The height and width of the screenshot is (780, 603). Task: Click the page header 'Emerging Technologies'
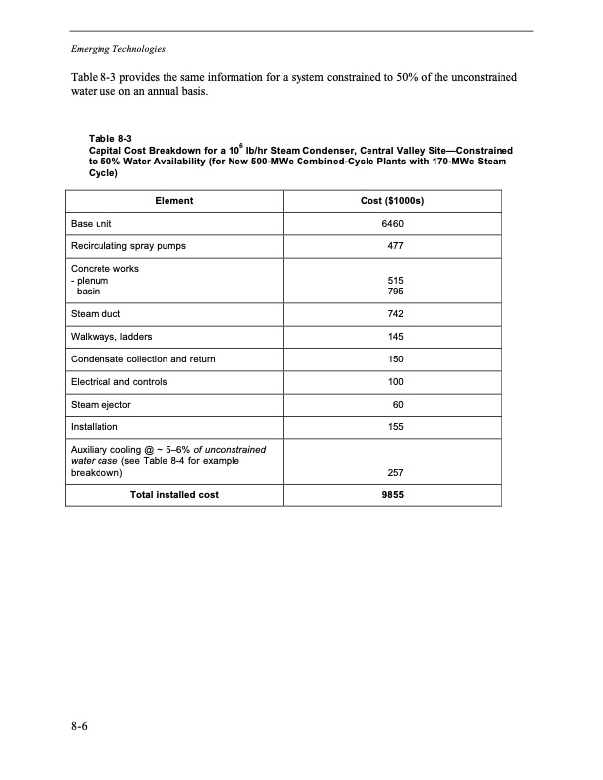pos(117,49)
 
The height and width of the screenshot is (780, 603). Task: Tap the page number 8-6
pos(81,728)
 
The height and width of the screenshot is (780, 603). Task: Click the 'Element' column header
pos(174,201)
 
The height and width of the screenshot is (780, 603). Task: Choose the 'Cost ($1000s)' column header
pos(393,201)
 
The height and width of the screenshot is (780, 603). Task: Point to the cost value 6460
pos(393,224)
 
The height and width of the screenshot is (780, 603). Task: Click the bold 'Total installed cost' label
pos(174,495)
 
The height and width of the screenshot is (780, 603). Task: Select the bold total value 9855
pos(393,495)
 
